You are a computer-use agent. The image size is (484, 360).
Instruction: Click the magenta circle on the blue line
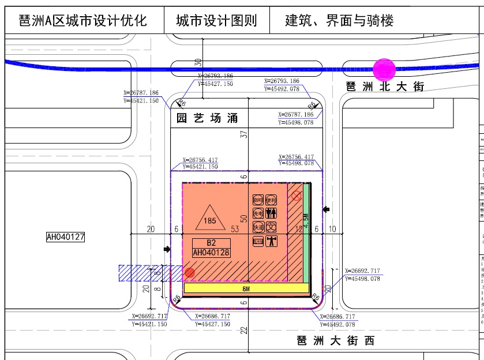pyautogui.click(x=384, y=70)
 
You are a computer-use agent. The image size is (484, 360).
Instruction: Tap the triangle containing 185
pyautogui.click(x=209, y=218)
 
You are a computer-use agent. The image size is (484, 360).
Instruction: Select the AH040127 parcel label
pyautogui.click(x=66, y=237)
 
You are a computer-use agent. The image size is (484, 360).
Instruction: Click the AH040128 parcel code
pyautogui.click(x=211, y=252)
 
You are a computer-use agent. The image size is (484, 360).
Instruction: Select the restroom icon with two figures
pyautogui.click(x=272, y=213)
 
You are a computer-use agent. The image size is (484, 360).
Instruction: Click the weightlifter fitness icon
pyautogui.click(x=272, y=242)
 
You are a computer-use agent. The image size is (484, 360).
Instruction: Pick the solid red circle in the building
pyautogui.click(x=189, y=272)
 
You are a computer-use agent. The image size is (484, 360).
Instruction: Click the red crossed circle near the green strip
pyautogui.click(x=296, y=196)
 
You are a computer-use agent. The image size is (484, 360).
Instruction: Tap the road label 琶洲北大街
pyautogui.click(x=385, y=87)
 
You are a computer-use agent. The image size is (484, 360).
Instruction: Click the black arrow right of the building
pyautogui.click(x=328, y=209)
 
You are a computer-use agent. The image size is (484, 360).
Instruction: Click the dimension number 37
pyautogui.click(x=244, y=134)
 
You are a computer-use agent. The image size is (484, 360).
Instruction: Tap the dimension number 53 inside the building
pyautogui.click(x=235, y=229)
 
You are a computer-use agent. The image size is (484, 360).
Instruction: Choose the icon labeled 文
pyautogui.click(x=272, y=227)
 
